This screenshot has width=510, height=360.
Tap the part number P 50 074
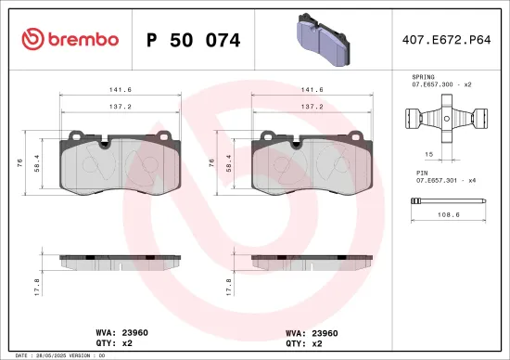click(x=194, y=40)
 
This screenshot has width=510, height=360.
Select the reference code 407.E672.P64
click(x=447, y=40)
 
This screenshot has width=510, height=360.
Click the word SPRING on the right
click(x=424, y=76)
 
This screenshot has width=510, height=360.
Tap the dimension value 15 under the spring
click(x=430, y=154)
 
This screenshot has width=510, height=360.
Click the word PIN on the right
click(x=421, y=174)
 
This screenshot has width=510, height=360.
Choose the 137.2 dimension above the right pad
click(x=313, y=107)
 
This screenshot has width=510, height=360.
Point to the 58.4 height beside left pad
click(x=35, y=161)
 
